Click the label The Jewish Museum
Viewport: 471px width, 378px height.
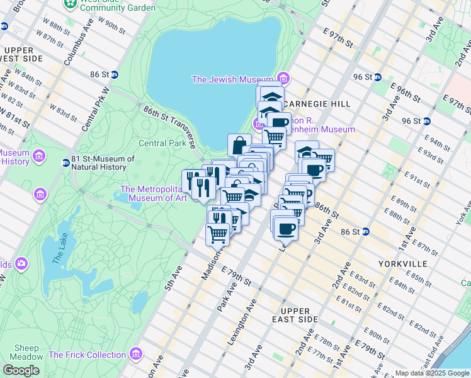[234, 79]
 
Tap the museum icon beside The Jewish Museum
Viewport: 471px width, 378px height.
[284, 79]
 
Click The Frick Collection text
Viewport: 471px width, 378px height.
[87, 355]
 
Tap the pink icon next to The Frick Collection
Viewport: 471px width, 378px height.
[135, 354]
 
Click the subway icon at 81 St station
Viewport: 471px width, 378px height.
[65, 163]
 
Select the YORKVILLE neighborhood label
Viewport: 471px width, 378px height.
[404, 263]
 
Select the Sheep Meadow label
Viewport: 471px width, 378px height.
[26, 353]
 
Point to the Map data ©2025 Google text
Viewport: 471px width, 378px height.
[431, 373]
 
